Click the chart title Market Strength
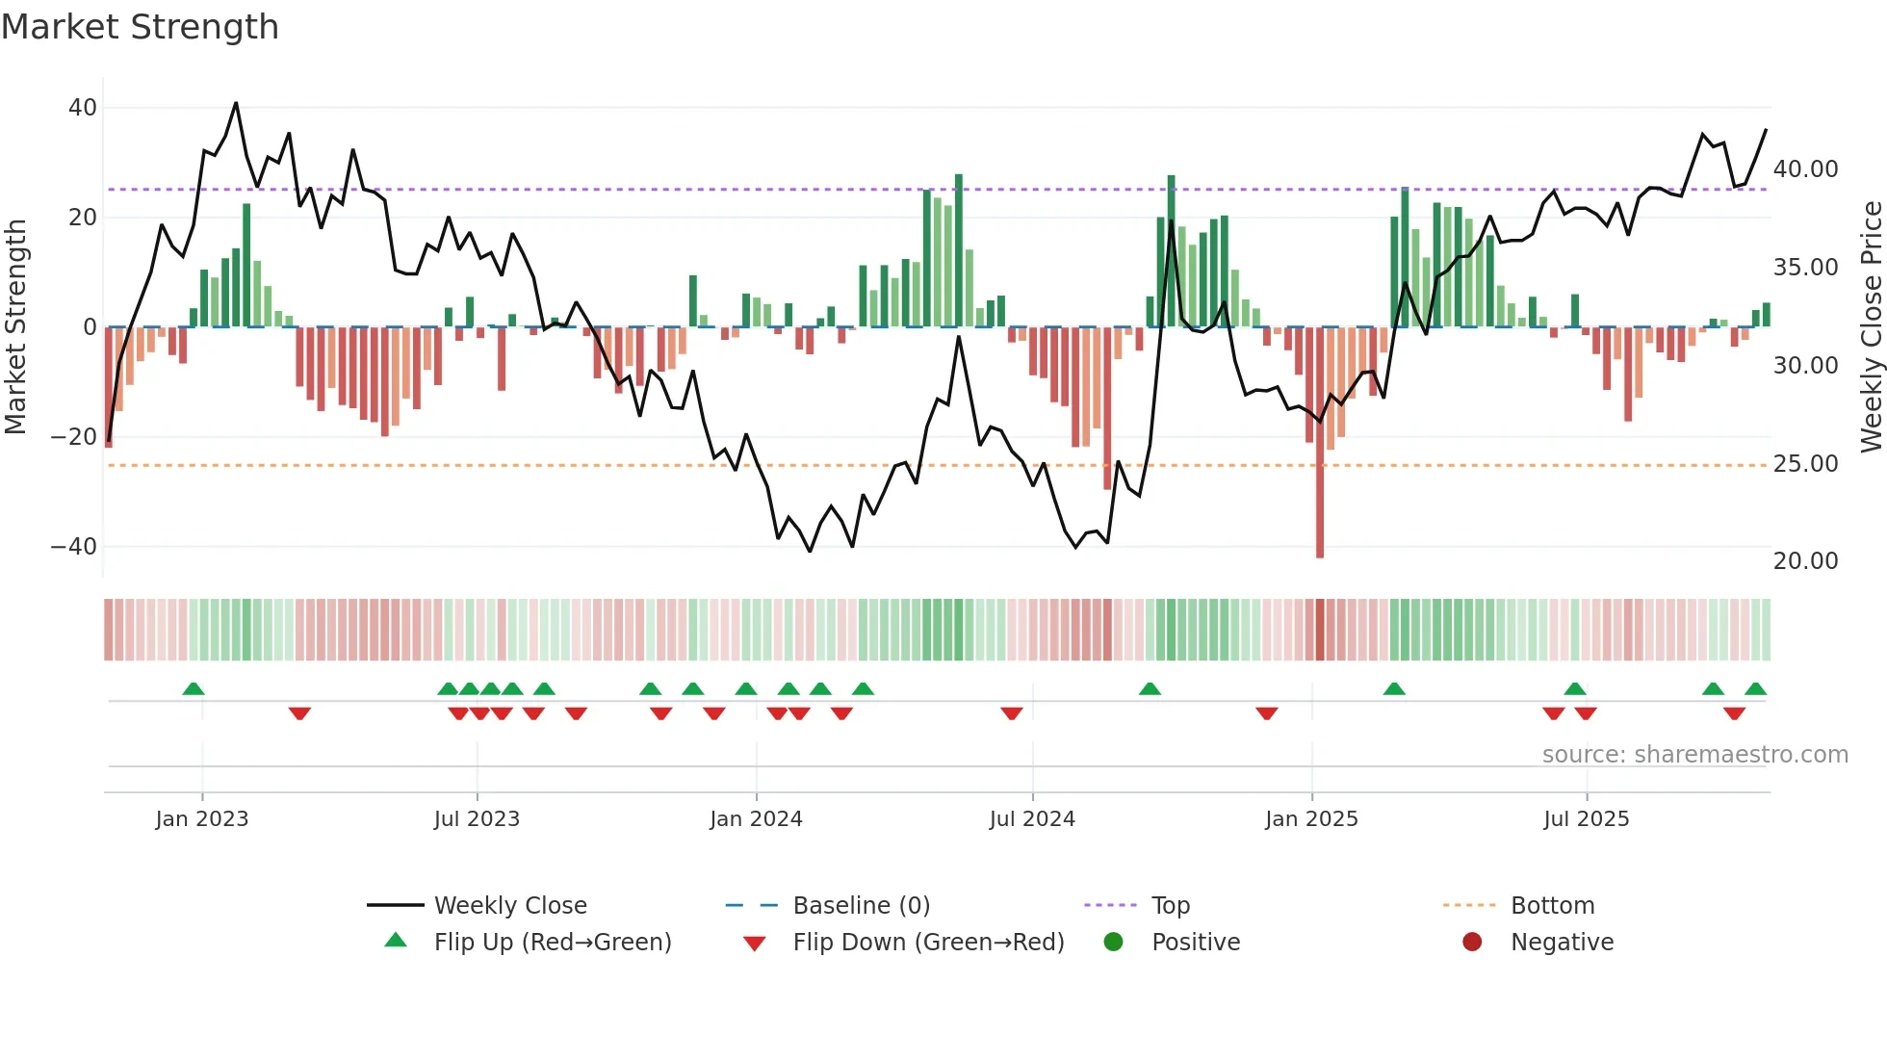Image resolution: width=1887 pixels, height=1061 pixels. tap(140, 27)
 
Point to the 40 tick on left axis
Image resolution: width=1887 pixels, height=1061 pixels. tap(83, 108)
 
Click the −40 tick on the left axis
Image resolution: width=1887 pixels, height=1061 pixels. tap(74, 547)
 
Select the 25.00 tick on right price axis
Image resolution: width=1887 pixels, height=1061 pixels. tap(1805, 464)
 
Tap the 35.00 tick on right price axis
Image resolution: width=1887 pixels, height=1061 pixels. tap(1805, 268)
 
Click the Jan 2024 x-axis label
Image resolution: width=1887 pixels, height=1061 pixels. tap(756, 819)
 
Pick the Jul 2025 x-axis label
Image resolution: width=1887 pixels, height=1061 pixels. tap(1586, 819)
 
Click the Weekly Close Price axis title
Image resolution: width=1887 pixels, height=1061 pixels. tap(1871, 327)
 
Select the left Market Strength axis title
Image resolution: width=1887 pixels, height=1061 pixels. tap(16, 327)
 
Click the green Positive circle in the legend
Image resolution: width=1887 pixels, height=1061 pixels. tap(1114, 943)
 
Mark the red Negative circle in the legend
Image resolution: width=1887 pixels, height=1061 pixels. tap(1472, 943)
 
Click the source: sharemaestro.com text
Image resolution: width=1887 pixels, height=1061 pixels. tap(1694, 755)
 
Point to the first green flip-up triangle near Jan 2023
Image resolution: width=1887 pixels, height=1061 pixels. tap(194, 688)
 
